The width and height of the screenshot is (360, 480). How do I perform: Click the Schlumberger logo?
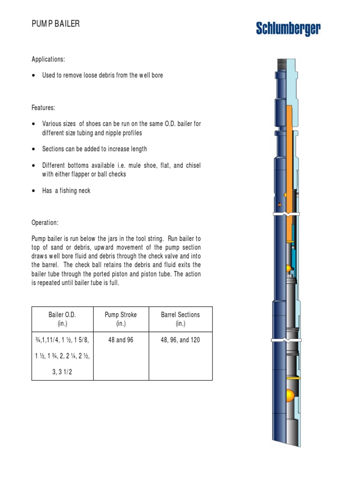coord(288,30)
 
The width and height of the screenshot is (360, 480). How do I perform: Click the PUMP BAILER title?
coord(55,23)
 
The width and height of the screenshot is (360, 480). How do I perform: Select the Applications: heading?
coord(48,59)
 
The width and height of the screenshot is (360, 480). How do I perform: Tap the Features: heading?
coord(43,107)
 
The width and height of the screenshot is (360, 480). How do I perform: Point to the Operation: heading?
coord(45,223)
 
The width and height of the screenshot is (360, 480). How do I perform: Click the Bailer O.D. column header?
coord(62,319)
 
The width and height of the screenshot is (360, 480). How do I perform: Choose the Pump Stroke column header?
coord(121,319)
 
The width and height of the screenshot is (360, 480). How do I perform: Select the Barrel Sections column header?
coord(180,319)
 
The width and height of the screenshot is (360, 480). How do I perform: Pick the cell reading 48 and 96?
coord(121,340)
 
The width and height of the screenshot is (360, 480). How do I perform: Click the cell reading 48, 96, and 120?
coord(180,340)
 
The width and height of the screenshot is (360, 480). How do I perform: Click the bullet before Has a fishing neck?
coord(33,191)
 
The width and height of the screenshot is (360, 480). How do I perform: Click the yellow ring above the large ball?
coord(290,377)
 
